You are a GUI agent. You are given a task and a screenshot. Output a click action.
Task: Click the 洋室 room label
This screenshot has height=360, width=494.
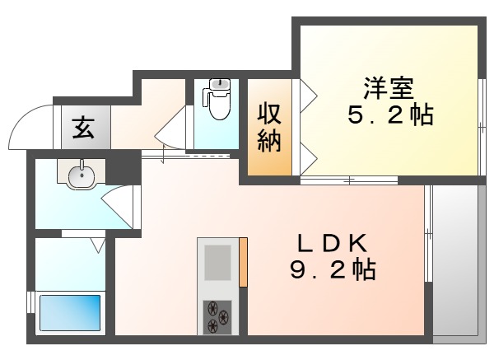coord(386,85)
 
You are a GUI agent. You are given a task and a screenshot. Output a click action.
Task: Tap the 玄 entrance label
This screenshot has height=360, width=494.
coord(82,128)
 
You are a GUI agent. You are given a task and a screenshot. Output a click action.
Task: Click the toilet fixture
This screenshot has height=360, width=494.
coord(218,99)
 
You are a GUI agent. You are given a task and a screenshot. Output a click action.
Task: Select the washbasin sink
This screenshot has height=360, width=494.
coord(81,174)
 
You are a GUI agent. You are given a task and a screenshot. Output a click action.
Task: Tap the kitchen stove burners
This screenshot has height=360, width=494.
coord(217,316)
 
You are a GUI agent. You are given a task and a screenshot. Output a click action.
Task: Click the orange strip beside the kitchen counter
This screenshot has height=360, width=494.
coord(243,262)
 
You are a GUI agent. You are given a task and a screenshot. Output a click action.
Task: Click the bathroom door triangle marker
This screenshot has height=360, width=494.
coord(98,244)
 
